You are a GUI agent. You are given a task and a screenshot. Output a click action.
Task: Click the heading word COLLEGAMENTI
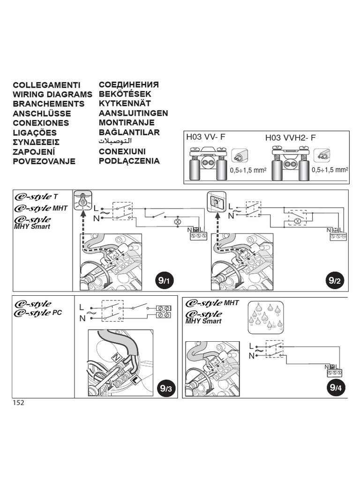[x=46, y=85]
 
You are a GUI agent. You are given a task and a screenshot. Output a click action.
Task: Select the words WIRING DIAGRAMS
[x=52, y=95]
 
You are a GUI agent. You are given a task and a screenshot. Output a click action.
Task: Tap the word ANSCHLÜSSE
[x=42, y=113]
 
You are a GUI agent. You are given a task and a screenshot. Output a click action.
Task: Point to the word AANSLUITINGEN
[x=133, y=113]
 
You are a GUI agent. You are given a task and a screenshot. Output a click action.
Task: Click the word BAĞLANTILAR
[x=129, y=133]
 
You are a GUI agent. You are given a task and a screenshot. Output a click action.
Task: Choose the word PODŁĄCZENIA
[x=129, y=161]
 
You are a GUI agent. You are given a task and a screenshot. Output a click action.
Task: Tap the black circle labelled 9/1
[x=164, y=281]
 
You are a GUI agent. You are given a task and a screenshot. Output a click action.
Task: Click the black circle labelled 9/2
[x=335, y=281]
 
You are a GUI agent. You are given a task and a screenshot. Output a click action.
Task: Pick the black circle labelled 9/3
[x=165, y=388]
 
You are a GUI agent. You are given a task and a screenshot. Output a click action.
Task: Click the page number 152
[x=18, y=403]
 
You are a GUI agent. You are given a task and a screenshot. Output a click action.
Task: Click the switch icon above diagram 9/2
[x=216, y=202]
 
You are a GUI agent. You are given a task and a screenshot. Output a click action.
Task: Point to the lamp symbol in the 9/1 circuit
[x=178, y=221]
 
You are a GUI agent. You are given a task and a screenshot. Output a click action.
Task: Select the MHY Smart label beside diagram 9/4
[x=203, y=322]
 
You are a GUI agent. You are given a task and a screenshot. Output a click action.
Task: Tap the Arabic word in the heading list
[x=115, y=142]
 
